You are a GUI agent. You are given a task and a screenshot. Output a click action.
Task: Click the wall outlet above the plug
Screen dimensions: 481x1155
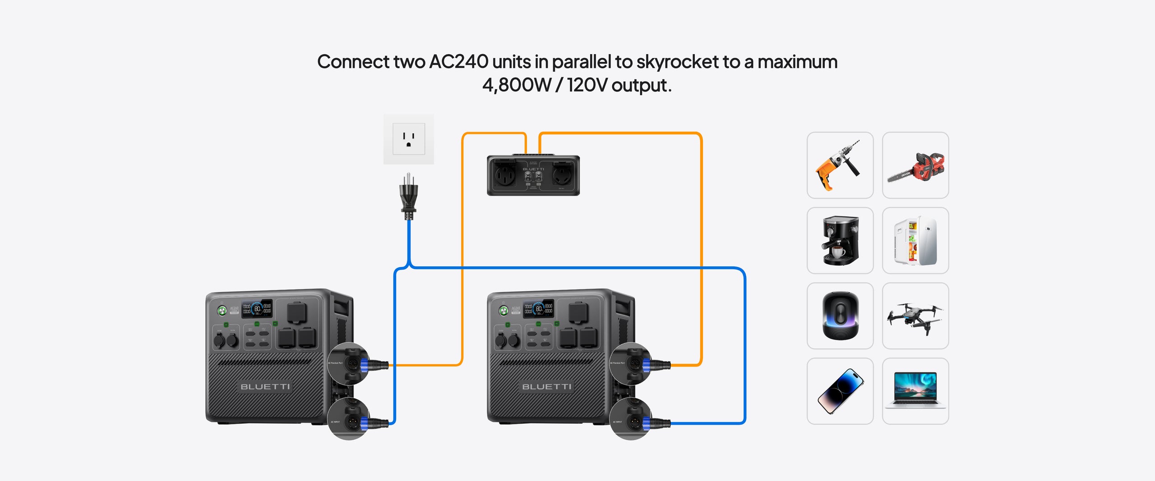pos(408,139)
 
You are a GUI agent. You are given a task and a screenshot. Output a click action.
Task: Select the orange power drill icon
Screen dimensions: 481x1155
pos(840,165)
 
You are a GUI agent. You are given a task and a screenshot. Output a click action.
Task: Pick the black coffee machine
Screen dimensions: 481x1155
pos(840,240)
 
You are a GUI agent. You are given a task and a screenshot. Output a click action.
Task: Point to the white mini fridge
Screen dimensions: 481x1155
pos(915,240)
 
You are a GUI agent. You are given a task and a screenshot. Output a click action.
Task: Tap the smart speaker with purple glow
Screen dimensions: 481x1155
pos(840,316)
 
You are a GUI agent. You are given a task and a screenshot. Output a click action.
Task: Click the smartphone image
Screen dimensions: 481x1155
pos(840,391)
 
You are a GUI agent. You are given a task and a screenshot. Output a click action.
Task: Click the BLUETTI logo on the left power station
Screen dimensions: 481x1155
pos(265,387)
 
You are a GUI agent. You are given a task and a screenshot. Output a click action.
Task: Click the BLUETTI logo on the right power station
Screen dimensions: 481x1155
pos(546,387)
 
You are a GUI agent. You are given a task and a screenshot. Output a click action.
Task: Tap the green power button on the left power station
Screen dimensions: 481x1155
pos(222,310)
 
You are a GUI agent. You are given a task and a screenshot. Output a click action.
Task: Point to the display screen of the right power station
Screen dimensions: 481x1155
pos(538,309)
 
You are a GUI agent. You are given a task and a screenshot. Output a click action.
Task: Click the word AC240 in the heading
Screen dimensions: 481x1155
pos(458,62)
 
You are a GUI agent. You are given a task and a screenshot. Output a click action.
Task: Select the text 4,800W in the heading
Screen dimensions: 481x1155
pos(517,85)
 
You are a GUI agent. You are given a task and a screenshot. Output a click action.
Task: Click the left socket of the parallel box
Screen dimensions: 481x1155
pos(505,175)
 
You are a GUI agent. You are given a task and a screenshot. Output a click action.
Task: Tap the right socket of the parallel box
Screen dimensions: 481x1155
pos(562,175)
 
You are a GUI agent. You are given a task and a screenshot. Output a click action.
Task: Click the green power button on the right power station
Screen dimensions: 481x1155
pos(504,310)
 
